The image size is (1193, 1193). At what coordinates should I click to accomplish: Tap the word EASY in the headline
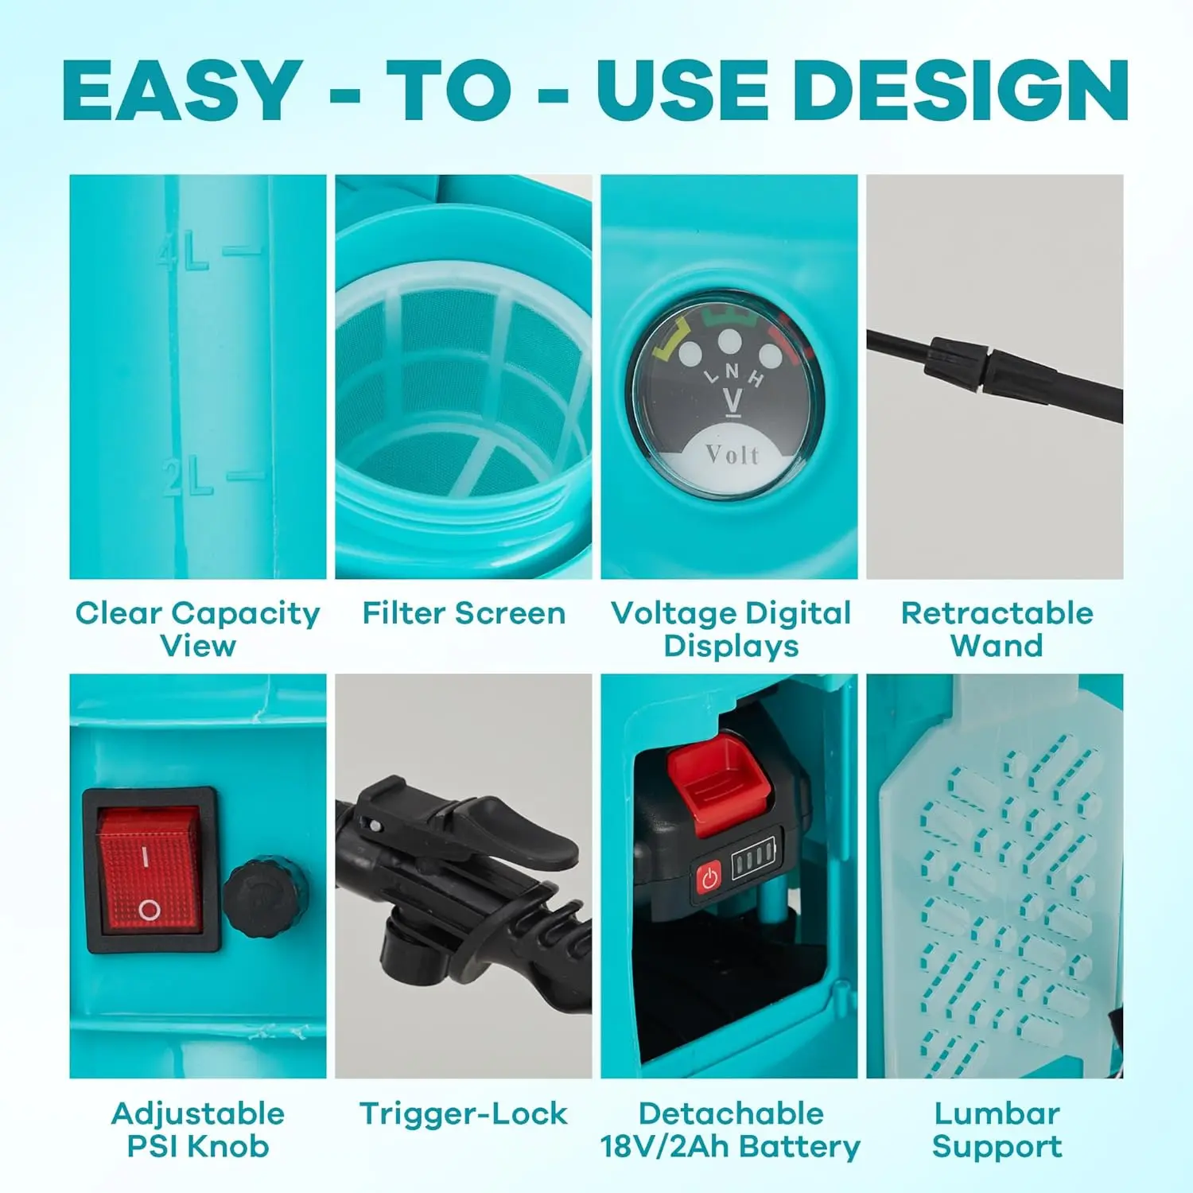point(182,90)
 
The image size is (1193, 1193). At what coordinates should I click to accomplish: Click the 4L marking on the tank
point(183,251)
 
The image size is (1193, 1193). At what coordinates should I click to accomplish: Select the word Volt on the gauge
point(732,454)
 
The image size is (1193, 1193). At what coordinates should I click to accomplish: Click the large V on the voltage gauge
point(733,401)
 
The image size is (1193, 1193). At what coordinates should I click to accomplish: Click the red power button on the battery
point(709,878)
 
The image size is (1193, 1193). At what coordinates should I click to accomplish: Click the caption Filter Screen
point(464,613)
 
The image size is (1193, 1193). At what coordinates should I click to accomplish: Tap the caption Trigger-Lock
point(464,1113)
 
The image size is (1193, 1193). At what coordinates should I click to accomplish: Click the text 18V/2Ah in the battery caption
point(665,1147)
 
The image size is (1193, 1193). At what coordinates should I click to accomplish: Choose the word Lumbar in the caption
point(997,1113)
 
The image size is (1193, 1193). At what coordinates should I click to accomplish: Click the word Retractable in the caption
point(997,613)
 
